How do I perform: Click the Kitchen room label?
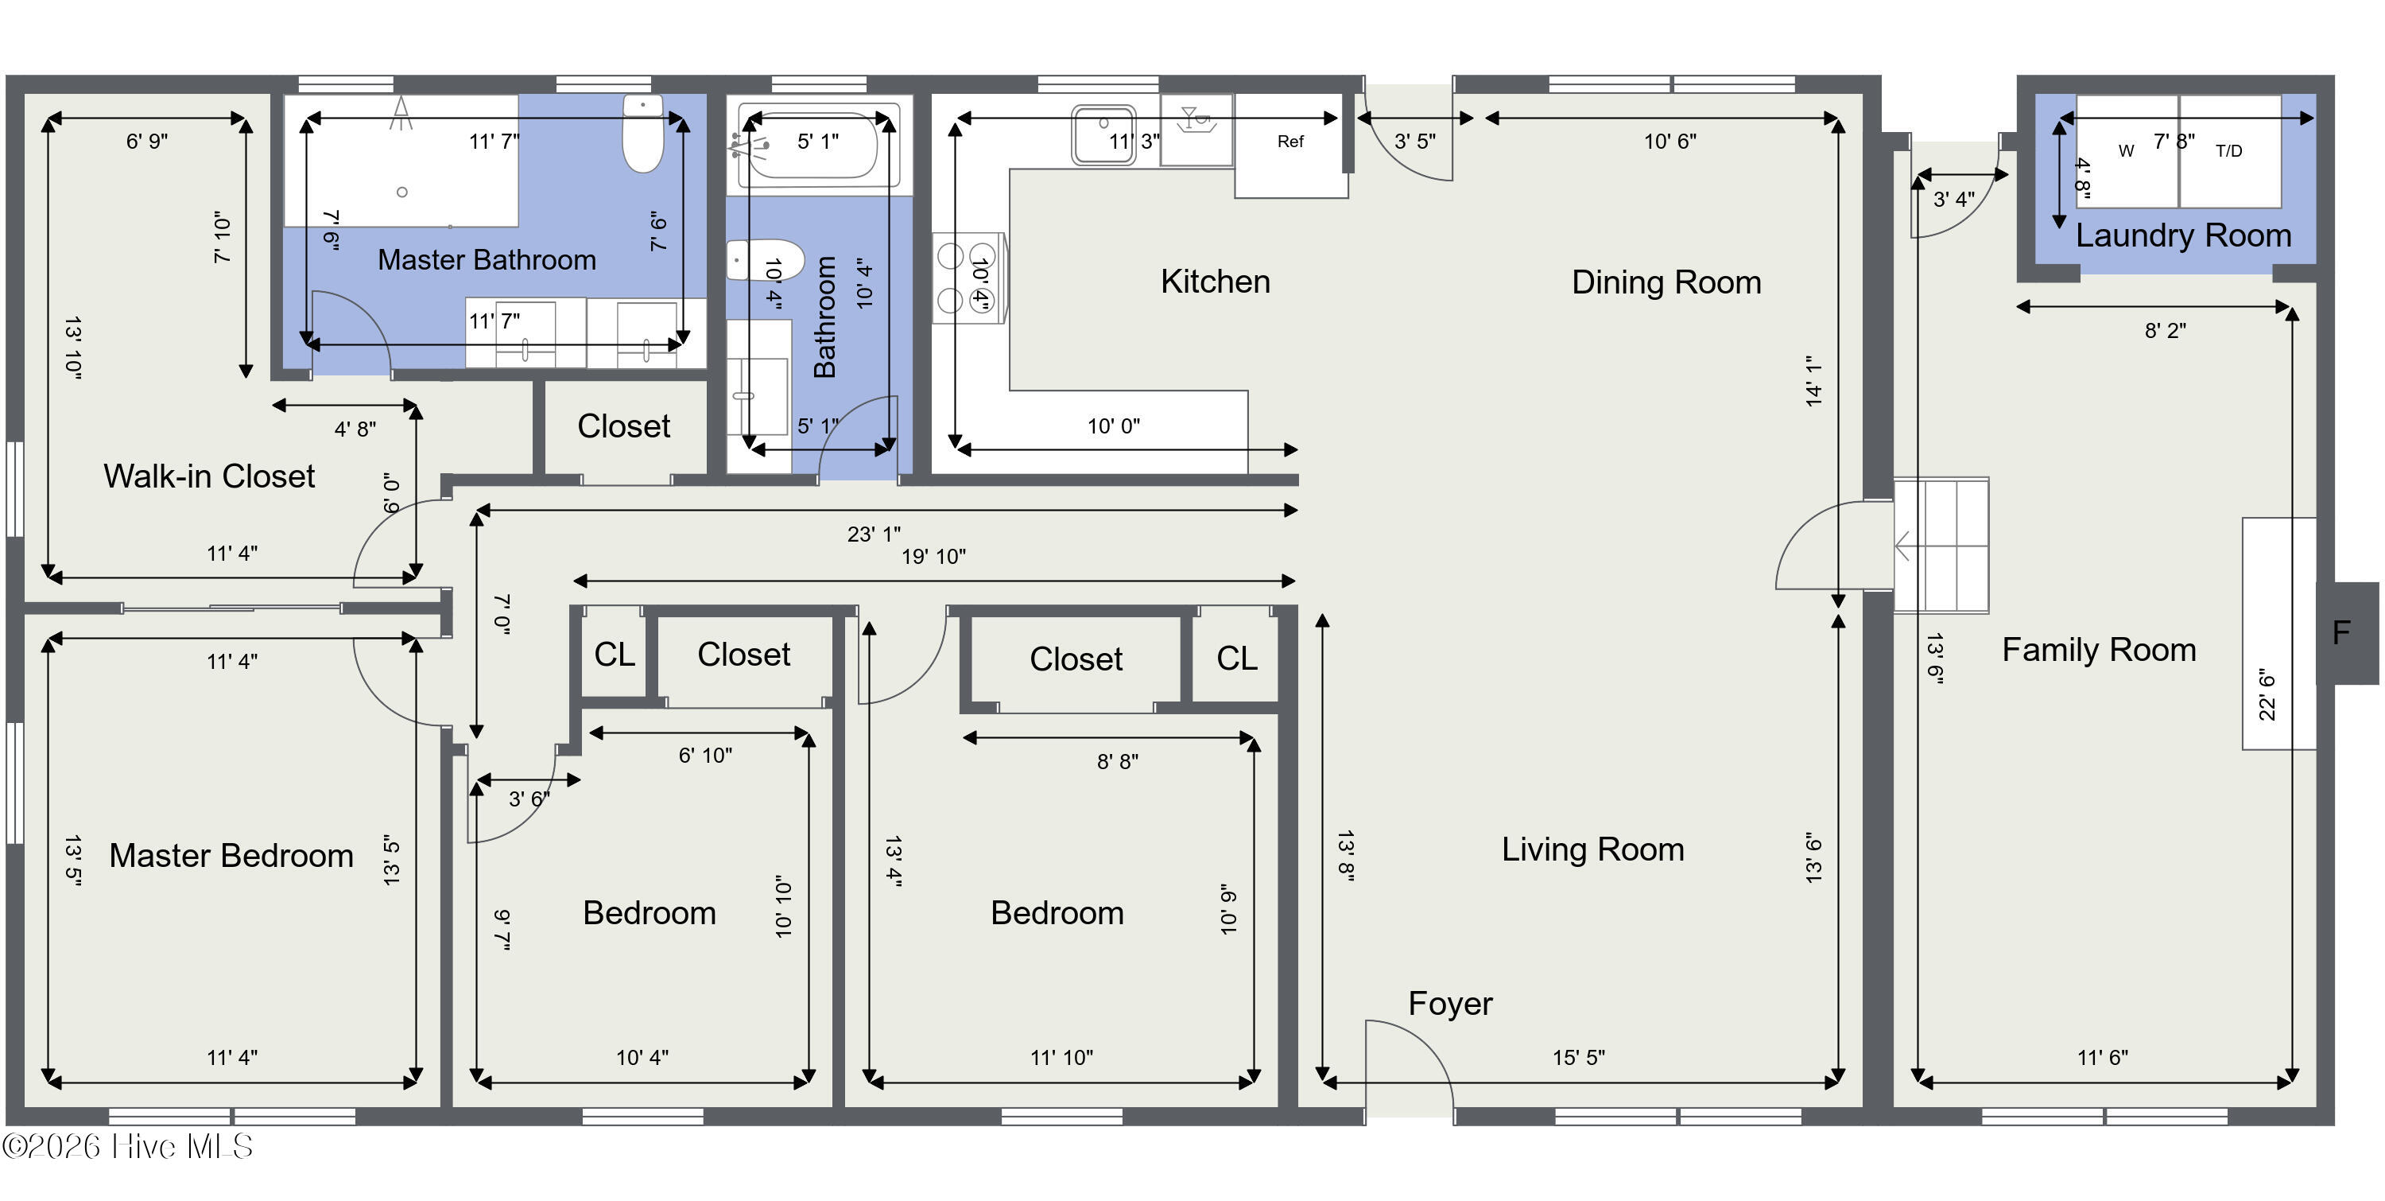point(1215,282)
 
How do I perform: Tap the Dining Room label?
point(1666,282)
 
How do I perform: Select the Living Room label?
point(1592,849)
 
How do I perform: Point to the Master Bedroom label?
point(231,856)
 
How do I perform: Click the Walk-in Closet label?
point(209,476)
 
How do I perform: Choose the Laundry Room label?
point(2183,235)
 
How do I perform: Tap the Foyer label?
point(1450,1004)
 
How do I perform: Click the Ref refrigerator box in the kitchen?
point(1290,146)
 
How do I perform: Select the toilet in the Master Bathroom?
point(642,134)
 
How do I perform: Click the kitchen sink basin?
point(1103,135)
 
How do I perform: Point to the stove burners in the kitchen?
point(968,278)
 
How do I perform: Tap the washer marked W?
point(2127,151)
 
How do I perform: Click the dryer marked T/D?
point(2229,151)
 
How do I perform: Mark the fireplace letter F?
point(2341,633)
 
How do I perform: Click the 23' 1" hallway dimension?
point(873,534)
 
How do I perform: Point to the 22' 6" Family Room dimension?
point(2267,694)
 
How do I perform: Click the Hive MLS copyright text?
point(128,1146)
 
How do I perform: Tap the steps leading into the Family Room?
point(1941,546)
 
